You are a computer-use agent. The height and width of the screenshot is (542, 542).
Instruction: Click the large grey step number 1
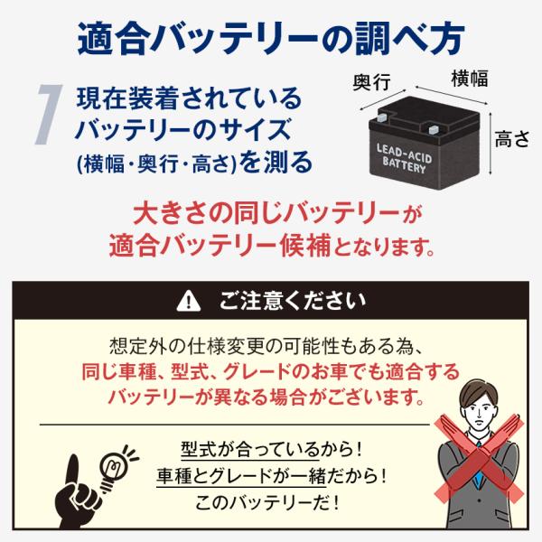(49, 114)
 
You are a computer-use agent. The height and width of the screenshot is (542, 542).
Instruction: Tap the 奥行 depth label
(371, 82)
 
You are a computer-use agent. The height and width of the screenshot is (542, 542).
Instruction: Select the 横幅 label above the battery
(470, 78)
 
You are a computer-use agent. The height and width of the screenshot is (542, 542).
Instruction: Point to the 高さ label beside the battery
(512, 139)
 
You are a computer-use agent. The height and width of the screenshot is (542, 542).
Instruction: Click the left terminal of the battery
(382, 117)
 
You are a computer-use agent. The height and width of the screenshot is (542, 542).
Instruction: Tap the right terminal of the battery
(434, 129)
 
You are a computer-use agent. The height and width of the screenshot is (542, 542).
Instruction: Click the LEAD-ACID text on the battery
(404, 154)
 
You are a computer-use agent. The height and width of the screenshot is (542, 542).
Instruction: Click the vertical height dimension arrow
(491, 143)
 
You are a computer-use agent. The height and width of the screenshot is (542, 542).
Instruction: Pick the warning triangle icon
(189, 301)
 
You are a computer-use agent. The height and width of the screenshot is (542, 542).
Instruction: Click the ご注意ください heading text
(293, 301)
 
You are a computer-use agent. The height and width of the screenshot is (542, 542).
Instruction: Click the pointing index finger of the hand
(74, 470)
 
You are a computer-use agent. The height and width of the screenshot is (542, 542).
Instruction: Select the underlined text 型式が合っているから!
(271, 450)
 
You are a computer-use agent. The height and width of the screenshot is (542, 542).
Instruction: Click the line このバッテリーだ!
(266, 503)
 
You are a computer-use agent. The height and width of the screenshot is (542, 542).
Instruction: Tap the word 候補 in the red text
(305, 246)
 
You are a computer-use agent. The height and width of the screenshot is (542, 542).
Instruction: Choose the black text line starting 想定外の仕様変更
(266, 346)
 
